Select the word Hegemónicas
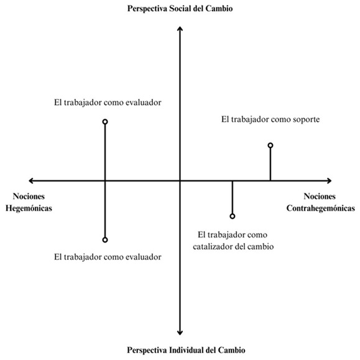[x=29, y=208]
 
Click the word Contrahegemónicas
[x=320, y=208]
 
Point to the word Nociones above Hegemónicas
[x=29, y=196]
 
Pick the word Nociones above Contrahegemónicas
[x=320, y=196]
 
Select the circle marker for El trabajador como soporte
[x=270, y=145]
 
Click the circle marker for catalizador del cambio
[x=233, y=216]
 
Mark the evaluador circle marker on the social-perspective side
[x=105, y=122]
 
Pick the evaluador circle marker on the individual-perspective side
[x=105, y=240]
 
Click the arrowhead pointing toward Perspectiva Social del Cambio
[x=180, y=27]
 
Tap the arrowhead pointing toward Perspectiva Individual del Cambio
[x=180, y=334]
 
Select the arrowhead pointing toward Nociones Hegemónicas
[x=30, y=181]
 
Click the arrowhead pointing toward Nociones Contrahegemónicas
[x=330, y=181]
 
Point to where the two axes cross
[x=180, y=181]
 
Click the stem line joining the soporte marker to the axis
[x=270, y=164]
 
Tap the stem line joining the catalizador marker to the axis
[x=233, y=198]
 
